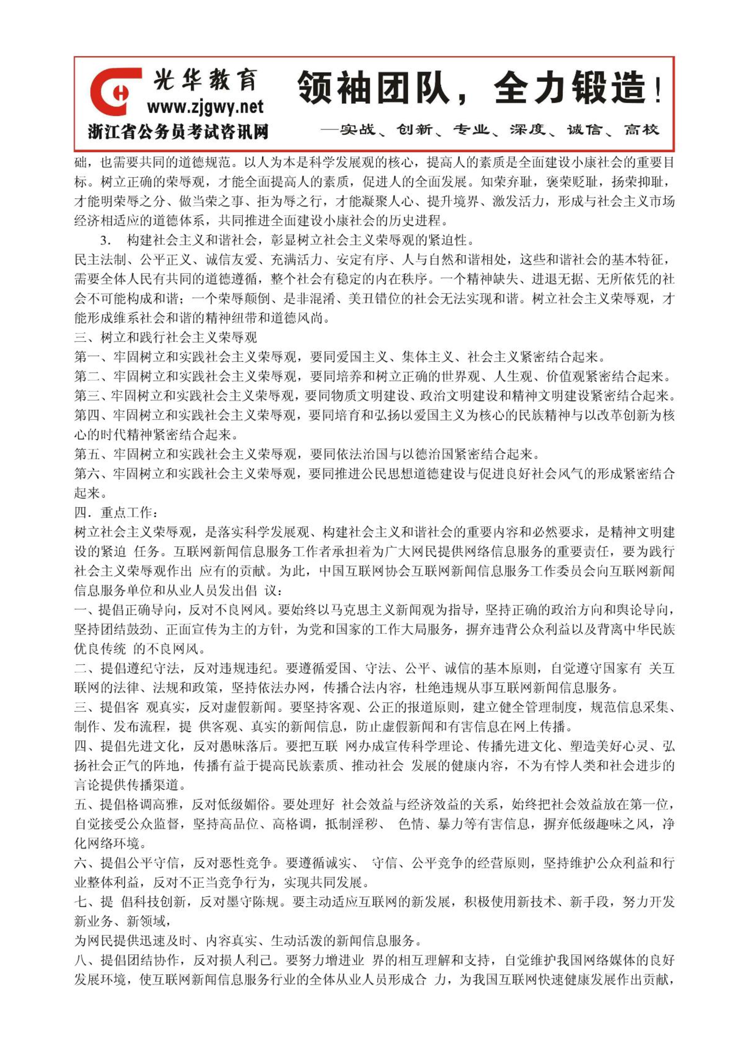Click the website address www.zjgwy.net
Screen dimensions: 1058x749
pyautogui.click(x=205, y=108)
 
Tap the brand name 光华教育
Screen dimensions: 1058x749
pyautogui.click(x=205, y=80)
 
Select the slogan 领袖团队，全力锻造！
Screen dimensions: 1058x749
pyautogui.click(x=479, y=88)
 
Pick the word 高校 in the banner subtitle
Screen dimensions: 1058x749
pyautogui.click(x=641, y=129)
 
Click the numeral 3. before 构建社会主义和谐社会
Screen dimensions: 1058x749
pyautogui.click(x=105, y=241)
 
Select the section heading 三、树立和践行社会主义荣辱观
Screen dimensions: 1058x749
pyautogui.click(x=165, y=337)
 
